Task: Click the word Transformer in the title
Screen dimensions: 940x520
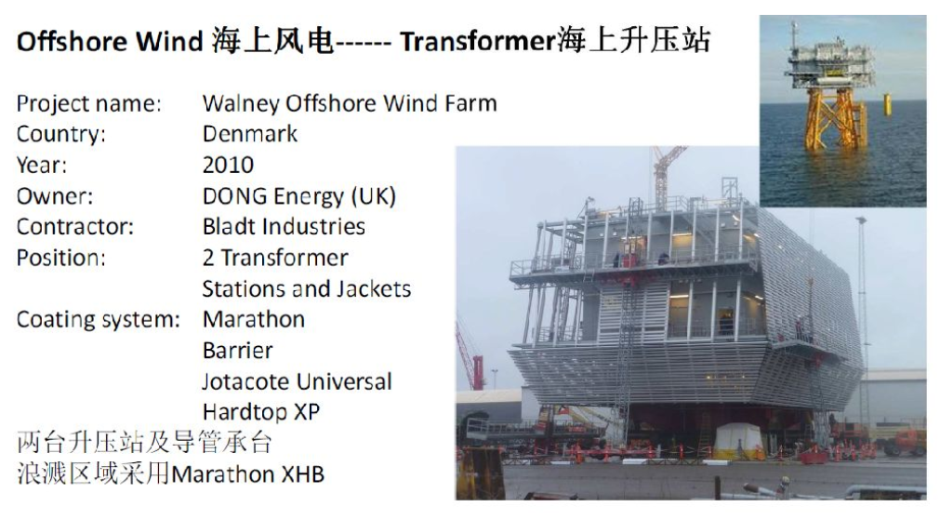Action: tap(478, 42)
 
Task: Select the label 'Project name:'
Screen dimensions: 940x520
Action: tap(88, 104)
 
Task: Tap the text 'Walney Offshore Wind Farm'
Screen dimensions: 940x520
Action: tap(350, 104)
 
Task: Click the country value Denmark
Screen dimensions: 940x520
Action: tap(250, 134)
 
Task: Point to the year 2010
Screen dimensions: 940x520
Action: tap(228, 165)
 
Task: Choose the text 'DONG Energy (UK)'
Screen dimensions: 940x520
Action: tap(299, 196)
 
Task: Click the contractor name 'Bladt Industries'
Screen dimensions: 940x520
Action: tap(284, 227)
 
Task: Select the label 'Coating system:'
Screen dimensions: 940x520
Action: tap(99, 320)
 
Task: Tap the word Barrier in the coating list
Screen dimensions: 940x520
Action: tap(237, 351)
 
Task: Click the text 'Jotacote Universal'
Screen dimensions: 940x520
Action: tap(297, 381)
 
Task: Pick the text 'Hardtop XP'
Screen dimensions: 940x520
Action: tap(261, 412)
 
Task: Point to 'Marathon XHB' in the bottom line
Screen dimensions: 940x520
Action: tap(247, 474)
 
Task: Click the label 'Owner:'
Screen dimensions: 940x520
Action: tap(55, 196)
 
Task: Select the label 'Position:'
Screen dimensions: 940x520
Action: tap(61, 258)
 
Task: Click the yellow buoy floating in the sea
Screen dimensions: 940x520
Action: tap(887, 104)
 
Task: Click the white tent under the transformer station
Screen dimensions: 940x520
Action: tap(737, 440)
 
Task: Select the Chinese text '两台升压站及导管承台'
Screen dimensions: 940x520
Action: tap(144, 443)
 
